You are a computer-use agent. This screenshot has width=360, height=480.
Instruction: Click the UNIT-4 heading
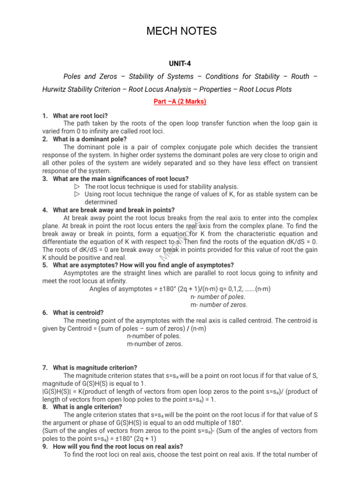[180, 63]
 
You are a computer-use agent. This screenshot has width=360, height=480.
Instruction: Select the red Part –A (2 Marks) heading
[180, 101]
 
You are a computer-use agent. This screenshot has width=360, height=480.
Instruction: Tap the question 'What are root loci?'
[80, 116]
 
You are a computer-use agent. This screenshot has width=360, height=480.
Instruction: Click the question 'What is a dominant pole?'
[90, 139]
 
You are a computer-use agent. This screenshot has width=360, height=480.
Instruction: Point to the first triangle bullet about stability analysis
[77, 187]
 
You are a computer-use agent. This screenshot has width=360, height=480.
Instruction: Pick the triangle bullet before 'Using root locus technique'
[77, 194]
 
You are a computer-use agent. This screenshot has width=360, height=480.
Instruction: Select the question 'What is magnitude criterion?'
[95, 367]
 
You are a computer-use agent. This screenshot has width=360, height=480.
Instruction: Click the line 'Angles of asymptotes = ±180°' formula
[180, 289]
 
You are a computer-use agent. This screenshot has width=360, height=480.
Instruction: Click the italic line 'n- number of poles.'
[218, 297]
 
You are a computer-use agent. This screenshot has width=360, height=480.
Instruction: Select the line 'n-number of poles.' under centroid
[154, 336]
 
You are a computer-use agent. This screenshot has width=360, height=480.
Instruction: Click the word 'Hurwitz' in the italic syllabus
[58, 89]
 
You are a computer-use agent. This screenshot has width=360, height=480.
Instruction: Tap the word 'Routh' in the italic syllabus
[300, 76]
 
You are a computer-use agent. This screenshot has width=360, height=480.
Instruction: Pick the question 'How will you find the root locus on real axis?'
[118, 446]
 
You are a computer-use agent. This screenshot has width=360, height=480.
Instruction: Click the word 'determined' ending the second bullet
[101, 202]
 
